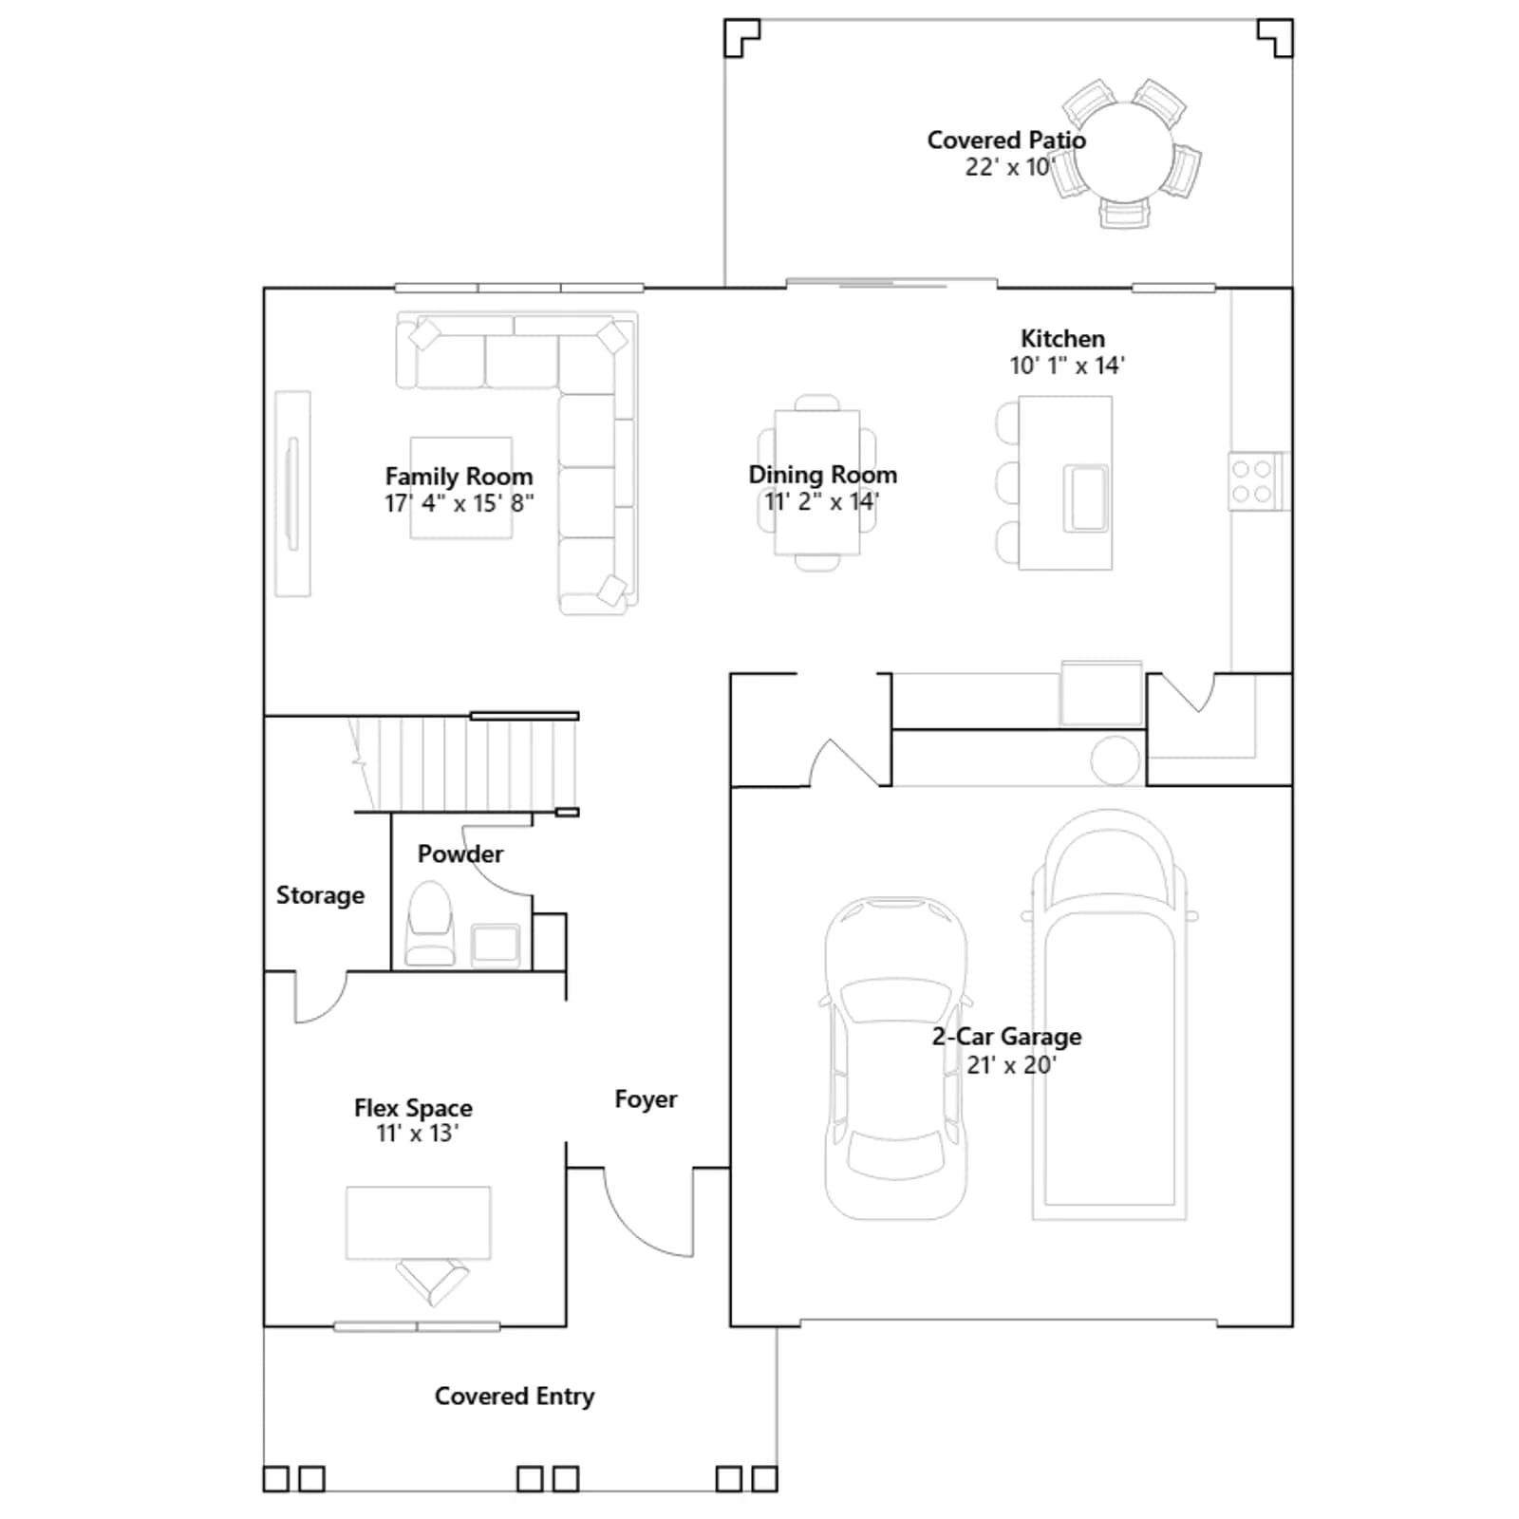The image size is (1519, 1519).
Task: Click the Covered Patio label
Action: tap(1006, 141)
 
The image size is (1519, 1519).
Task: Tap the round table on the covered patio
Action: tap(1124, 152)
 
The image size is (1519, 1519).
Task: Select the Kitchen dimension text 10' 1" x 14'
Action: tap(1067, 366)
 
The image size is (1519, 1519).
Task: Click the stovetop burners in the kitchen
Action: tap(1252, 481)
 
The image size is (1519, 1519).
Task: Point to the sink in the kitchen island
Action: tap(1085, 497)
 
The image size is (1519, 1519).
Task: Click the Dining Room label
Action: tap(822, 475)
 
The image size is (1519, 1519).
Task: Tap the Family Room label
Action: tap(459, 477)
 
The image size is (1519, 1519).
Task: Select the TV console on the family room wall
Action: tap(292, 494)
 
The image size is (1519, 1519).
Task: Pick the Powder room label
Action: tap(460, 854)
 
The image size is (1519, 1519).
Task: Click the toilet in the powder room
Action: tap(430, 924)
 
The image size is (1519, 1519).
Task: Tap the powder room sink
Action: tap(496, 944)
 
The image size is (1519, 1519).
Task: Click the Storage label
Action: tap(320, 895)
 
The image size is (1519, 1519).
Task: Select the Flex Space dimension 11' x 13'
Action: tap(417, 1134)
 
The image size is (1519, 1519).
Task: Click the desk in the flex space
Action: tap(419, 1223)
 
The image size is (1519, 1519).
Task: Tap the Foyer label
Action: tap(646, 1099)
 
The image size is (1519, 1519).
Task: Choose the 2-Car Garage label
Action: tap(1006, 1037)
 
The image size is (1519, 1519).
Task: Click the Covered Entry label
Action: tap(515, 1397)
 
